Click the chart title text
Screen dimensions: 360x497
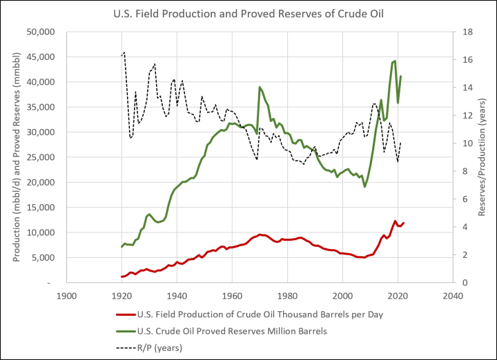(x=248, y=12)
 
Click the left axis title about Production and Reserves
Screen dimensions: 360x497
(x=16, y=157)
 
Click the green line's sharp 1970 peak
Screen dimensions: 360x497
(x=260, y=87)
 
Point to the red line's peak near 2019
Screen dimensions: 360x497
(x=395, y=221)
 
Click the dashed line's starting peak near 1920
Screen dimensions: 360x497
(x=124, y=52)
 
